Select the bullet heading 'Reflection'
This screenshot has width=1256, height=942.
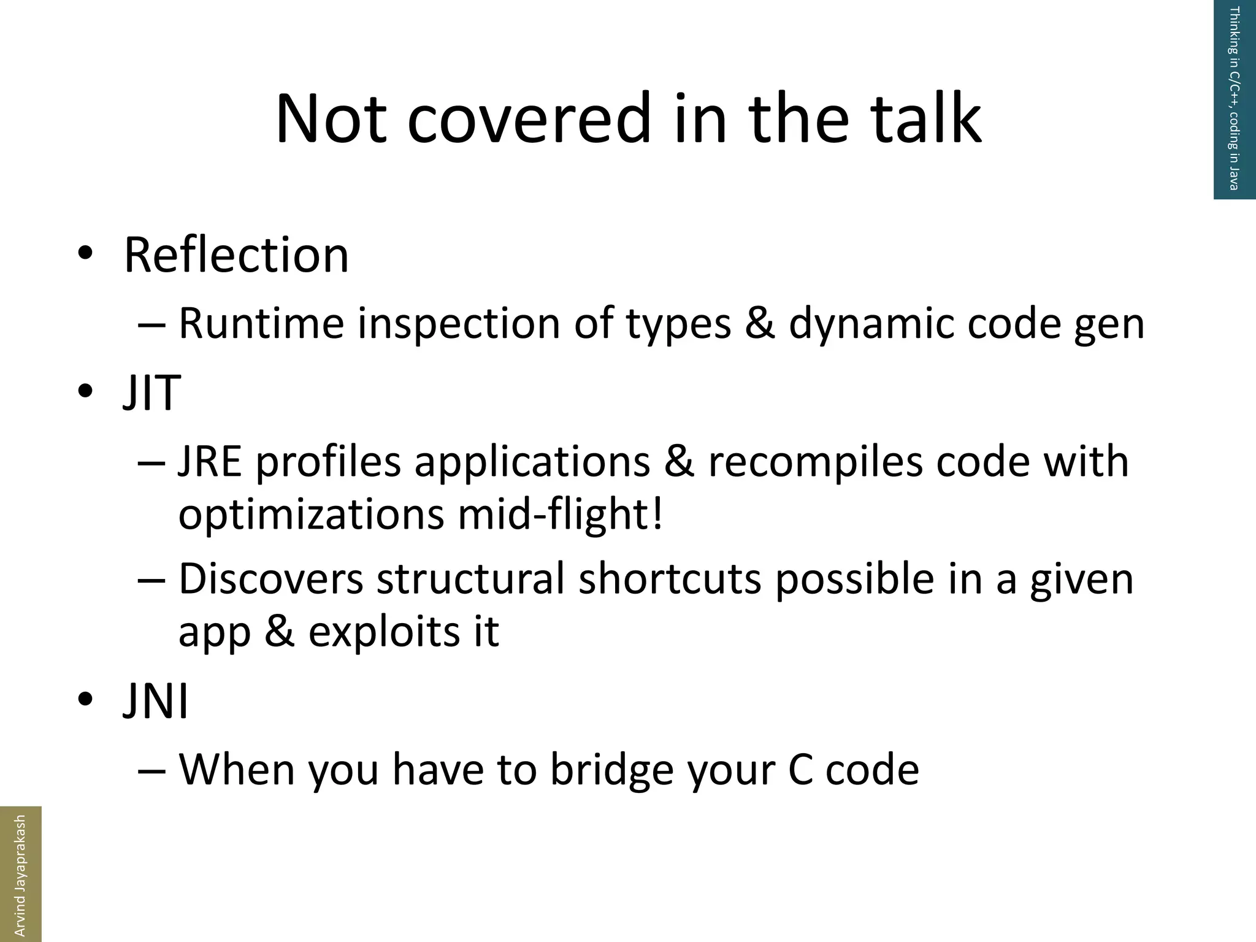tap(236, 255)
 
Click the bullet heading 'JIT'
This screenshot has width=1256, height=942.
tap(151, 392)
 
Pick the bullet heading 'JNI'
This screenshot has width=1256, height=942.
tap(156, 702)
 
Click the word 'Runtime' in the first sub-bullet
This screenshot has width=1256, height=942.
tap(261, 323)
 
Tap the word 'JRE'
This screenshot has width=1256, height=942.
tap(210, 461)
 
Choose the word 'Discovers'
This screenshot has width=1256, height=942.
tap(270, 578)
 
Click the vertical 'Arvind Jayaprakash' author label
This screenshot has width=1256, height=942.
tap(20, 873)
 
